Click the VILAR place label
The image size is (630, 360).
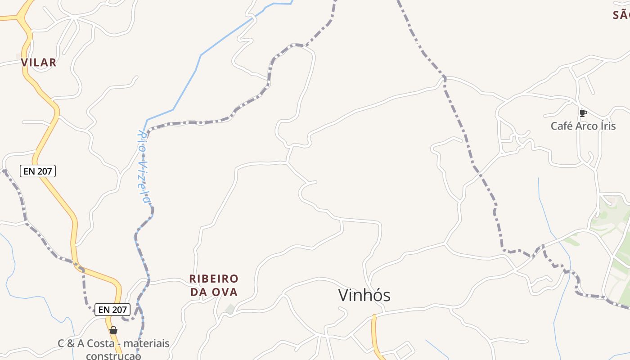click(x=39, y=63)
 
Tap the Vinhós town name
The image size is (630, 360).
click(x=364, y=295)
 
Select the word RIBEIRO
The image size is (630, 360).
click(x=214, y=279)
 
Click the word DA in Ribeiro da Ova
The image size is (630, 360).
click(x=198, y=292)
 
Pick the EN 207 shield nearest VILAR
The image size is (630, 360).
click(x=38, y=171)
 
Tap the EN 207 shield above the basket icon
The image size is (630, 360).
click(x=112, y=310)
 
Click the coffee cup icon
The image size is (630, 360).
click(x=583, y=113)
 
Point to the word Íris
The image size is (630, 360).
click(x=607, y=126)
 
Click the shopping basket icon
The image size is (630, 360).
click(x=113, y=331)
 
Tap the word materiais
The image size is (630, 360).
click(x=146, y=344)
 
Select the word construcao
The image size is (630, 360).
click(x=113, y=356)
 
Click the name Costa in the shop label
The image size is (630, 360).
click(x=102, y=344)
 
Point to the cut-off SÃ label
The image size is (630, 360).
click(x=621, y=15)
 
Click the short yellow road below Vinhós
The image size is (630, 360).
click(x=374, y=335)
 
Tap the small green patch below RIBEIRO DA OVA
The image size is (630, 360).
click(x=230, y=309)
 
